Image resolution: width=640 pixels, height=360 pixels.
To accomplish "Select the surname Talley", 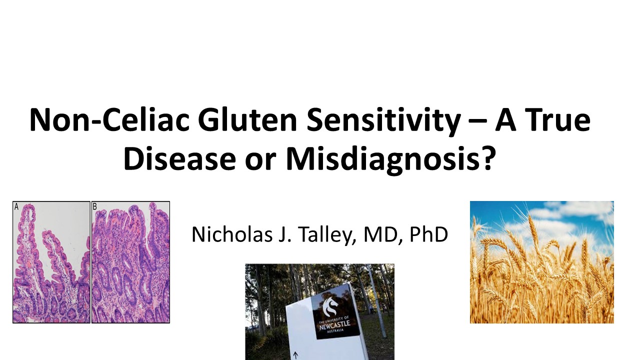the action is [x=327, y=235].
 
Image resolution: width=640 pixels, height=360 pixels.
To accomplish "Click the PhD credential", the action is [x=428, y=234].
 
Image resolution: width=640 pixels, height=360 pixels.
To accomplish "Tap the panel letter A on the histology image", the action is [x=16, y=206].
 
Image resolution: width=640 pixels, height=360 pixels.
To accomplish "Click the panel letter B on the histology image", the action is [x=95, y=206].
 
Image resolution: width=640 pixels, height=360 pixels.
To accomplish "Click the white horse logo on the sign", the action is [x=330, y=306].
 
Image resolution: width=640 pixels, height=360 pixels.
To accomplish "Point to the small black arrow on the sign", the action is [x=295, y=355].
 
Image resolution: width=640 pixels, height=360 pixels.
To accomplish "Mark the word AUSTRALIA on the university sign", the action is [x=335, y=331].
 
